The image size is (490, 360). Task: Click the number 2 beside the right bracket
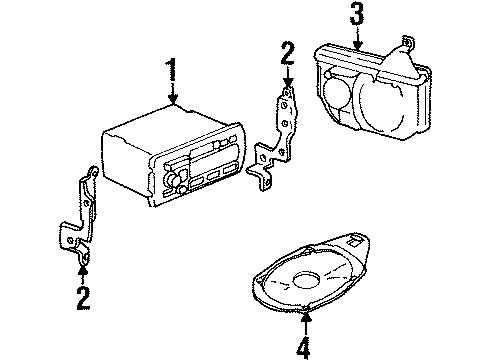pyautogui.click(x=288, y=54)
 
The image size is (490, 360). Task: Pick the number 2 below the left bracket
pyautogui.click(x=83, y=297)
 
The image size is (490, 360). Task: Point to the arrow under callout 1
pyautogui.click(x=174, y=97)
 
